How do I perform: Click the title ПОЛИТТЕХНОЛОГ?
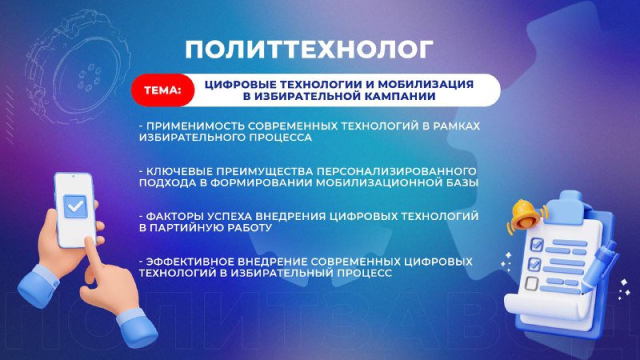pyautogui.click(x=309, y=50)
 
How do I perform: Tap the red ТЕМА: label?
pyautogui.click(x=163, y=90)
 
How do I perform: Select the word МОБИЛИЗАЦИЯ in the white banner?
pyautogui.click(x=426, y=85)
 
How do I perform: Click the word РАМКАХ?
pyautogui.click(x=457, y=126)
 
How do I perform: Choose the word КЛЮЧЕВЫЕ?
pyautogui.click(x=178, y=171)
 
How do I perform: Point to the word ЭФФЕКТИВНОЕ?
pyautogui.click(x=190, y=262)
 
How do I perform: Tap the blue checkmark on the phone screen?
pyautogui.click(x=75, y=206)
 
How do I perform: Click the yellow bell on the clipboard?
pyautogui.click(x=526, y=216)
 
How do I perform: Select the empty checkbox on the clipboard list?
pyautogui.click(x=531, y=283)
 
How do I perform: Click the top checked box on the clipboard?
pyautogui.click(x=536, y=245)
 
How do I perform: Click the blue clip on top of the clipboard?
pyautogui.click(x=570, y=202)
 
